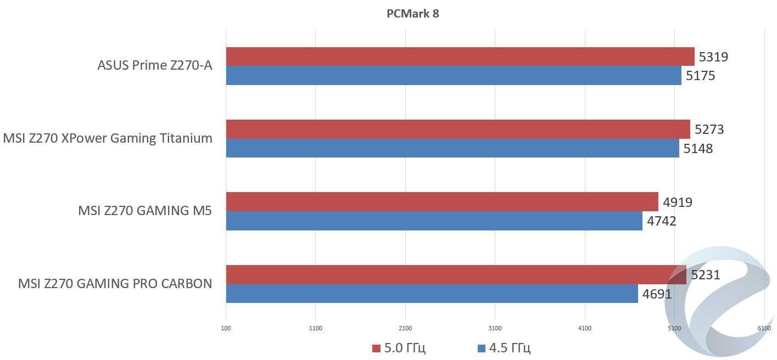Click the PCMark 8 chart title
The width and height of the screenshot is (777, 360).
pyautogui.click(x=412, y=14)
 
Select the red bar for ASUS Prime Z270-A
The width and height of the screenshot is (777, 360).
pyautogui.click(x=460, y=57)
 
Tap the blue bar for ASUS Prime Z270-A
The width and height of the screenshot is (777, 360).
pyautogui.click(x=454, y=76)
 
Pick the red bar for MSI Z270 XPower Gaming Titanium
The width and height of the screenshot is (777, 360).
pyautogui.click(x=458, y=129)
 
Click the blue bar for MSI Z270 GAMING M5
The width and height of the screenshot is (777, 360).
pyautogui.click(x=434, y=221)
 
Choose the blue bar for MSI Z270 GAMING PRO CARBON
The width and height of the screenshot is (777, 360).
pyautogui.click(x=432, y=294)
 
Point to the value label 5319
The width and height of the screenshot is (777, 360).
pyautogui.click(x=713, y=57)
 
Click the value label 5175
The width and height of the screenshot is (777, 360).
pyautogui.click(x=700, y=76)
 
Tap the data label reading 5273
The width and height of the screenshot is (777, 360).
pyautogui.click(x=709, y=130)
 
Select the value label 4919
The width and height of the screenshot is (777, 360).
pyautogui.click(x=677, y=203)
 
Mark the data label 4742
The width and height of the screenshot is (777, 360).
pyautogui.click(x=661, y=221)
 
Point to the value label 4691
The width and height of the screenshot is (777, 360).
pyautogui.click(x=657, y=294)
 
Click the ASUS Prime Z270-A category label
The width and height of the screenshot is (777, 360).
pyautogui.click(x=154, y=65)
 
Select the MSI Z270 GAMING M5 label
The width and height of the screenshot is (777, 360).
pyautogui.click(x=145, y=211)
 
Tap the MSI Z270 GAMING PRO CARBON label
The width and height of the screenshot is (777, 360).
pyautogui.click(x=115, y=284)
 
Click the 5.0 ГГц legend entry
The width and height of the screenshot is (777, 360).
pyautogui.click(x=399, y=348)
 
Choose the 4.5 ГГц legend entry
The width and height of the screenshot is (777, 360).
pyautogui.click(x=504, y=348)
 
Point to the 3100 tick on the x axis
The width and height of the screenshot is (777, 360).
pyautogui.click(x=495, y=328)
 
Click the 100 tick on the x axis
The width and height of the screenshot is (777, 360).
pyautogui.click(x=226, y=328)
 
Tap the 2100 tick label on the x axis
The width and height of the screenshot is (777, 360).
pyautogui.click(x=405, y=328)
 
